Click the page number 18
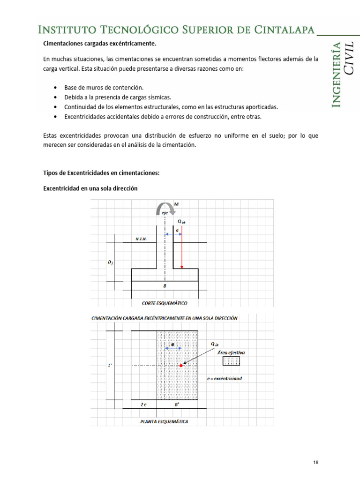pyautogui.click(x=316, y=462)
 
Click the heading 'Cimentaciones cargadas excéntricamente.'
pyautogui.click(x=99, y=44)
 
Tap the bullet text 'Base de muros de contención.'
pyautogui.click(x=105, y=88)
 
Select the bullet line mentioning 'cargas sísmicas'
pyautogui.click(x=128, y=97)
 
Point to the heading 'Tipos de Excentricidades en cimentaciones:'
pyautogui.click(x=101, y=173)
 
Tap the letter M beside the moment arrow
pyautogui.click(x=176, y=204)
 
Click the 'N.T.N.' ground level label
pyautogui.click(x=141, y=239)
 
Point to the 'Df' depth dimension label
pyautogui.click(x=110, y=262)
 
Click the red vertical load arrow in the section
pyautogui.click(x=182, y=248)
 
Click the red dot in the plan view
pyautogui.click(x=181, y=365)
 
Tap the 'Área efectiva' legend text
pyautogui.click(x=231, y=352)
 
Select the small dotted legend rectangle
pyautogui.click(x=231, y=361)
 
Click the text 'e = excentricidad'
pyautogui.click(x=224, y=378)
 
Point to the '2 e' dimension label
pyautogui.click(x=143, y=404)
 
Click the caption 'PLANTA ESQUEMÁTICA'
pyautogui.click(x=164, y=421)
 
